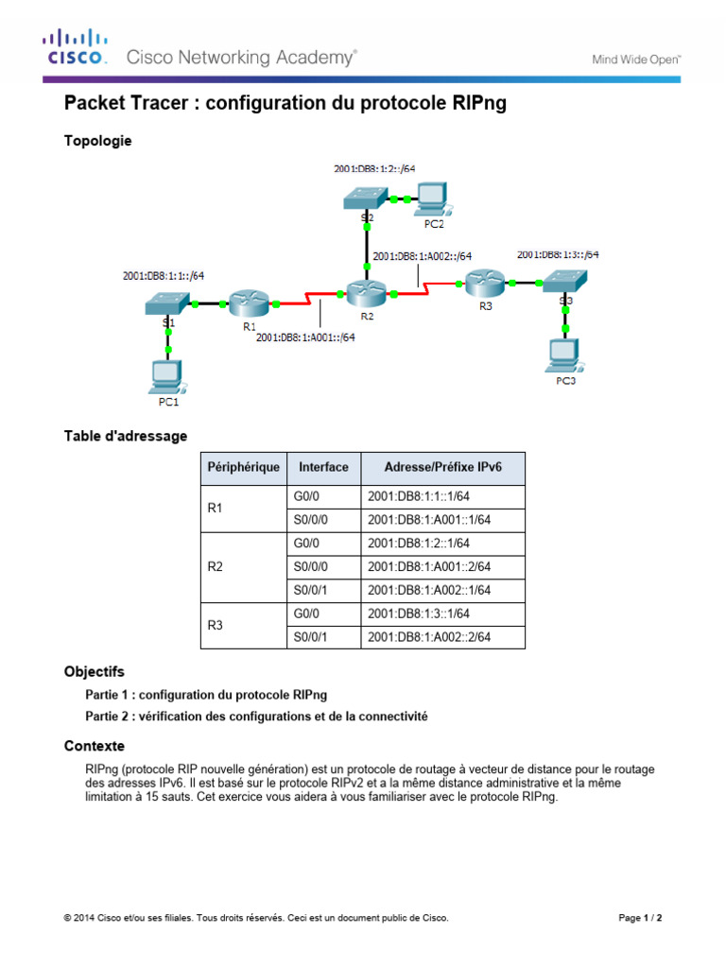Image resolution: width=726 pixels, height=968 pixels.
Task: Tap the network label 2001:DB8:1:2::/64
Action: pyautogui.click(x=374, y=169)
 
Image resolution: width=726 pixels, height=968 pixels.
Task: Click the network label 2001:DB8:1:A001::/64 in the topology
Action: pyautogui.click(x=305, y=337)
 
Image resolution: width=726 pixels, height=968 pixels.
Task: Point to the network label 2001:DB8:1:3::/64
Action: pyautogui.click(x=558, y=254)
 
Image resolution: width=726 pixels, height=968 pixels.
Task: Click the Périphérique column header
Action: pyautogui.click(x=243, y=467)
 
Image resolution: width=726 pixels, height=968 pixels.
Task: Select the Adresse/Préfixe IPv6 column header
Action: pyautogui.click(x=442, y=467)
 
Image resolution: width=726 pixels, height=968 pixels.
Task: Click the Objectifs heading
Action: pyautogui.click(x=94, y=672)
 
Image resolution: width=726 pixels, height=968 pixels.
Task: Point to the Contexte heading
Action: pyautogui.click(x=94, y=746)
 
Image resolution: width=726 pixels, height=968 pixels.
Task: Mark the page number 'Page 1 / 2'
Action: pyautogui.click(x=647, y=918)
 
